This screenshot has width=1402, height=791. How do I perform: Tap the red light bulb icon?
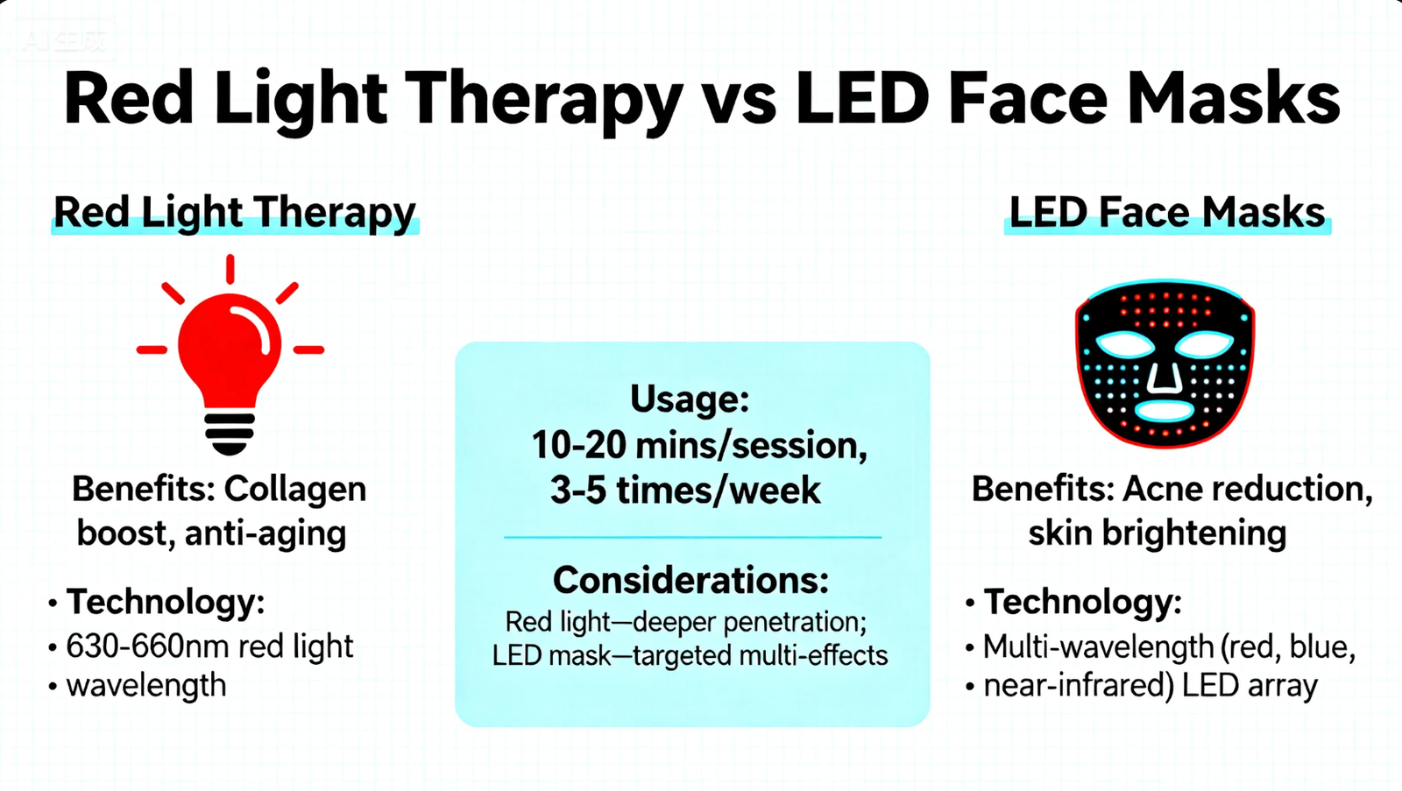tap(230, 350)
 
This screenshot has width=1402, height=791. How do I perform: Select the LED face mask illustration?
tap(1165, 362)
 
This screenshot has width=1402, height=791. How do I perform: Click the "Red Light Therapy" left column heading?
tap(234, 213)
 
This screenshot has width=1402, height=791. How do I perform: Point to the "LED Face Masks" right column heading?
tap(1166, 213)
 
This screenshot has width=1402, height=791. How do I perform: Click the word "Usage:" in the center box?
tap(690, 399)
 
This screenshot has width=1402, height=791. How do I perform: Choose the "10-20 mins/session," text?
tap(698, 445)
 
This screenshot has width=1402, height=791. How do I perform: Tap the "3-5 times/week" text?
tap(685, 491)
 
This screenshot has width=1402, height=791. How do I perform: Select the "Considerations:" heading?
tap(690, 580)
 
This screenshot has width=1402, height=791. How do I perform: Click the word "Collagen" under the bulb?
tap(294, 489)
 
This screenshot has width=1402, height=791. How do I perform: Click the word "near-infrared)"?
tap(1078, 685)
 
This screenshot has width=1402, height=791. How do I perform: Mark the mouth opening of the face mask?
tap(1164, 410)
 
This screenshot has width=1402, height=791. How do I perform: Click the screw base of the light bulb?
tap(230, 433)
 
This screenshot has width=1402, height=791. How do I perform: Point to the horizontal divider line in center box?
tap(692, 537)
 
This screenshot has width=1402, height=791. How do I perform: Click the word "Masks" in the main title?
tap(1234, 98)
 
